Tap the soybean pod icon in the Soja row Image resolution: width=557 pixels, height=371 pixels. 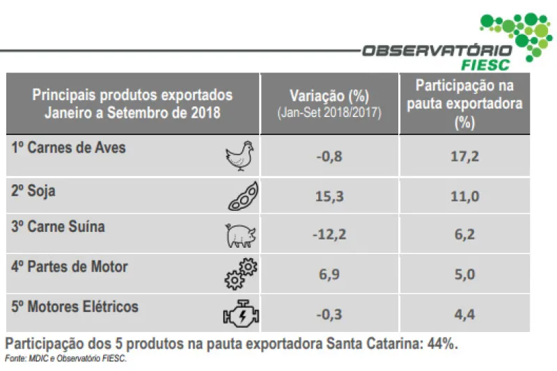[244, 197]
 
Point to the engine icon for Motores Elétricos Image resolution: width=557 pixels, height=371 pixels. [241, 315]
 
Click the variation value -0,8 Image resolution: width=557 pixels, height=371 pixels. [329, 157]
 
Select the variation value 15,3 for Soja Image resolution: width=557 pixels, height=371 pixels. [329, 196]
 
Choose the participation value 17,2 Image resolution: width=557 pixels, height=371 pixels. [464, 157]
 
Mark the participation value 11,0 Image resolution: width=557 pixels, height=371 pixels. [464, 196]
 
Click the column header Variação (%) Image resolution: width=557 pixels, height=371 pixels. [329, 96]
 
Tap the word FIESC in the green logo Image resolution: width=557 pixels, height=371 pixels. [485, 65]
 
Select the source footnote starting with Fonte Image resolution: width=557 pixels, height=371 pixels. [66, 358]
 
